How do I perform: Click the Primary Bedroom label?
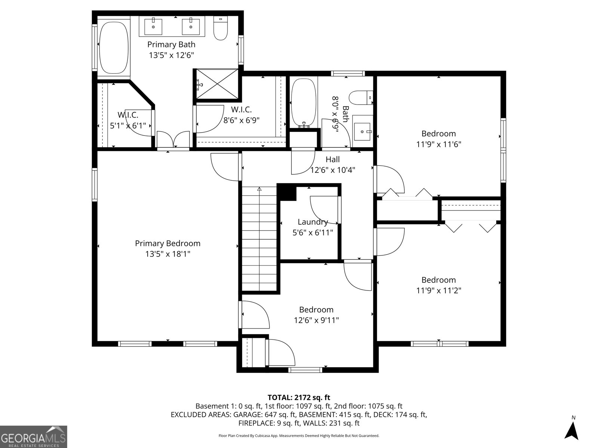pyautogui.click(x=167, y=243)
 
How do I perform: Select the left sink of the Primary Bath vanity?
pyautogui.click(x=153, y=26)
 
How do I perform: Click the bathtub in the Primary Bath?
pyautogui.click(x=114, y=48)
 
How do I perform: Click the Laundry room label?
pyautogui.click(x=312, y=222)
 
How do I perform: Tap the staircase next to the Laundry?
pyautogui.click(x=259, y=239)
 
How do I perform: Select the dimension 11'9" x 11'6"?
pyautogui.click(x=438, y=144)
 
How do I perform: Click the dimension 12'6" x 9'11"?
pyautogui.click(x=316, y=320)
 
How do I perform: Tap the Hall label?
pyautogui.click(x=332, y=159)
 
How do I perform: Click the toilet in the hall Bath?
pyautogui.click(x=360, y=98)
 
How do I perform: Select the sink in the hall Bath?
pyautogui.click(x=362, y=131)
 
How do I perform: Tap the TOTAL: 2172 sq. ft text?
pyautogui.click(x=299, y=397)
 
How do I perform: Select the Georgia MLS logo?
pyautogui.click(x=33, y=436)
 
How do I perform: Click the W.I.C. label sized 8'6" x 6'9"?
pyautogui.click(x=241, y=109)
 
